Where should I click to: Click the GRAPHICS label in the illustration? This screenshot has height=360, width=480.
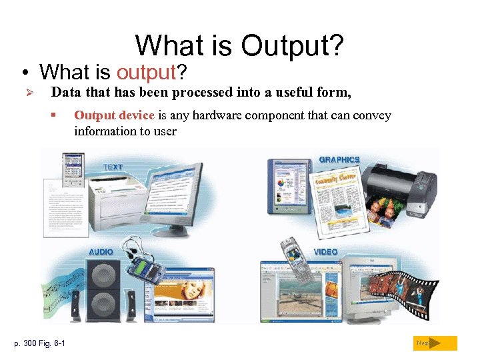tap(339, 159)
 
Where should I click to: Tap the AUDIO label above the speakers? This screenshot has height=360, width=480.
tap(101, 251)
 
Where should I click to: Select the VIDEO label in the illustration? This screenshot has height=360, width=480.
tap(325, 251)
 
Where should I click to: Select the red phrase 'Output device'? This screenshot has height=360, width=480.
tap(115, 115)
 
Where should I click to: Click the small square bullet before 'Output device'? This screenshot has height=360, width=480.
tap(53, 115)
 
